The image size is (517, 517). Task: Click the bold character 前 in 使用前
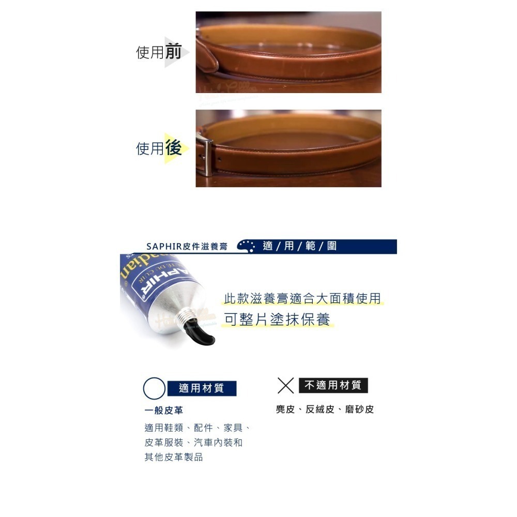pyautogui.click(x=173, y=52)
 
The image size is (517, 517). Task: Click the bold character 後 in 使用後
pyautogui.click(x=173, y=148)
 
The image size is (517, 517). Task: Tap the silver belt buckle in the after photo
pyautogui.click(x=205, y=154)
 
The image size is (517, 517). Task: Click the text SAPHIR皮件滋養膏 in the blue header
pyautogui.click(x=187, y=247)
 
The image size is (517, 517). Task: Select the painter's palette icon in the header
pyautogui.click(x=246, y=246)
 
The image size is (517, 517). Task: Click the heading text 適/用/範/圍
pyautogui.click(x=299, y=246)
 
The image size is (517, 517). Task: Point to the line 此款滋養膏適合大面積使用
pyautogui.click(x=302, y=298)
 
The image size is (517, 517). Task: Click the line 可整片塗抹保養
pyautogui.click(x=277, y=320)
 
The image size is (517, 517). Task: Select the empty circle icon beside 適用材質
pyautogui.click(x=154, y=388)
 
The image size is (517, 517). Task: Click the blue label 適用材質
pyautogui.click(x=202, y=388)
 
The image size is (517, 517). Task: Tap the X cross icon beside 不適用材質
pyautogui.click(x=286, y=386)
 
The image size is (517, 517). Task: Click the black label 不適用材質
pyautogui.click(x=333, y=385)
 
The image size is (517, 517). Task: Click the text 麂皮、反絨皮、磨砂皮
pyautogui.click(x=325, y=409)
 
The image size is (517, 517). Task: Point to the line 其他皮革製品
pyautogui.click(x=174, y=458)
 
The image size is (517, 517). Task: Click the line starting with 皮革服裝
pyautogui.click(x=193, y=443)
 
